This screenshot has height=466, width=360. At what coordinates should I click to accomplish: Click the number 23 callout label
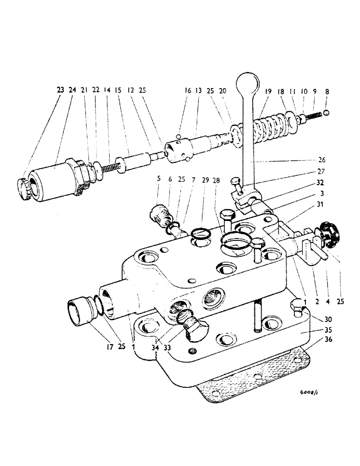60,90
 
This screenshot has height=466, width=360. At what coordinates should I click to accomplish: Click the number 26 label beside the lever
321,160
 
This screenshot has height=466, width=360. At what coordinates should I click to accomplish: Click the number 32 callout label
321,183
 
